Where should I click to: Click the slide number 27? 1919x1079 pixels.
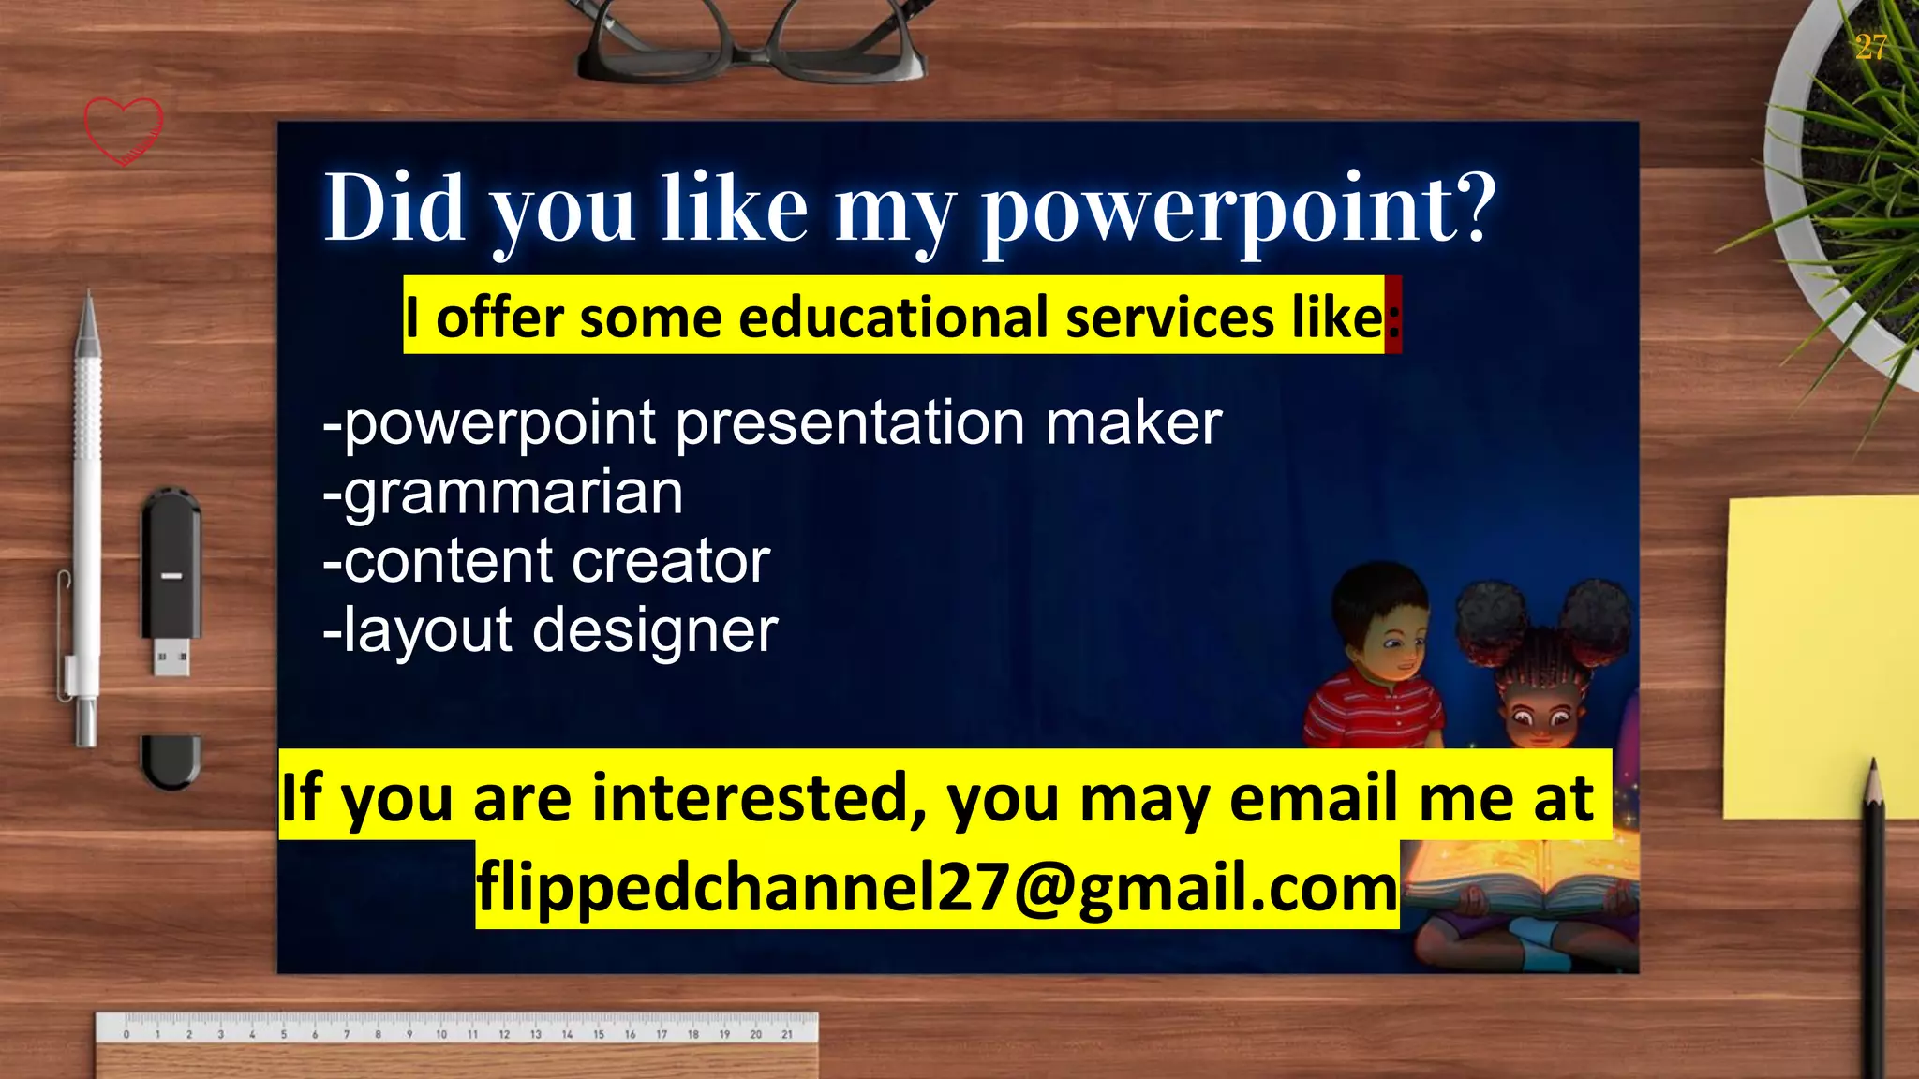tap(1870, 47)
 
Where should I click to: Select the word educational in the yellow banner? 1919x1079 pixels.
tap(896, 318)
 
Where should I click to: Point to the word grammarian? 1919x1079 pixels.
tap(503, 493)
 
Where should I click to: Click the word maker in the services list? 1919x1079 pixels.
tap(1133, 423)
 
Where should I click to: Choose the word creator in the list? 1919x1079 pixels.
tap(670, 562)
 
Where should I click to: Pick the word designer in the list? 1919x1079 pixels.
tap(655, 630)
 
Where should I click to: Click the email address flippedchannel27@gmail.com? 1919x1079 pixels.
tap(937, 886)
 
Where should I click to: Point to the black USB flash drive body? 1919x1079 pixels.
tap(171, 562)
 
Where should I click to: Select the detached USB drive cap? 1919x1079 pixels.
tap(171, 761)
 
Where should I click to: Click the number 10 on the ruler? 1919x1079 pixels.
tap(441, 1034)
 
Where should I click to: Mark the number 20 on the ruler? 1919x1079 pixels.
tap(755, 1034)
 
